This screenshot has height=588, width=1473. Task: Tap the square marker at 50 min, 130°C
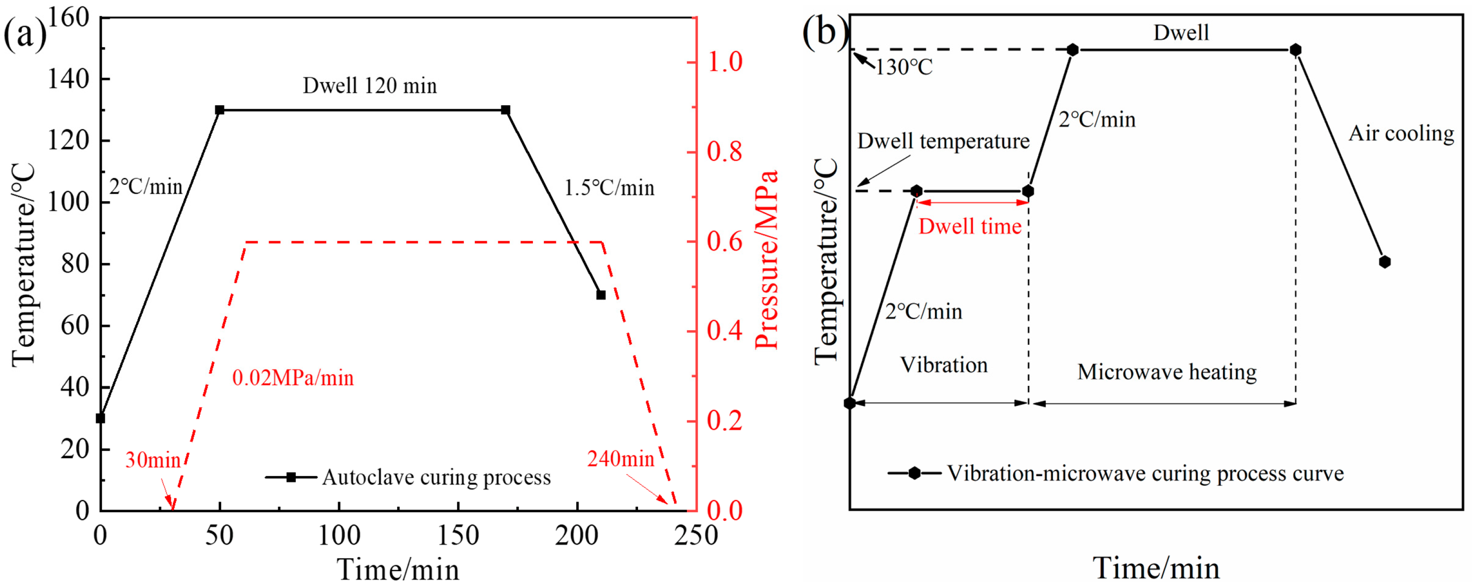[219, 110]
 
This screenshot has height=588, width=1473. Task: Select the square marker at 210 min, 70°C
[601, 294]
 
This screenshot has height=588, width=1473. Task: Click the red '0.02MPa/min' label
[293, 378]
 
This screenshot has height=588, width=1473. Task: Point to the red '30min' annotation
[153, 460]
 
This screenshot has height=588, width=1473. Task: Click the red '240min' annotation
[621, 459]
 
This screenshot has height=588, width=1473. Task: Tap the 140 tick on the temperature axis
[68, 79]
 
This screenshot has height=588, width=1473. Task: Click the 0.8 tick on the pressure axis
[724, 152]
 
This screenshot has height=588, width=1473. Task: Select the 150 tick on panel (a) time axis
[458, 536]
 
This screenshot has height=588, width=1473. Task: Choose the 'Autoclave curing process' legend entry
[436, 477]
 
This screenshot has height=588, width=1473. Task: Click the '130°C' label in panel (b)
[904, 68]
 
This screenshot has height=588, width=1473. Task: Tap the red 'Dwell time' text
[970, 226]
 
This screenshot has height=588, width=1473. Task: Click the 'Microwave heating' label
[1166, 372]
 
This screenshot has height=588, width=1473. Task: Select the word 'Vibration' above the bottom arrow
[943, 365]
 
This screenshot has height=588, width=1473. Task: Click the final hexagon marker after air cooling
[1384, 262]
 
